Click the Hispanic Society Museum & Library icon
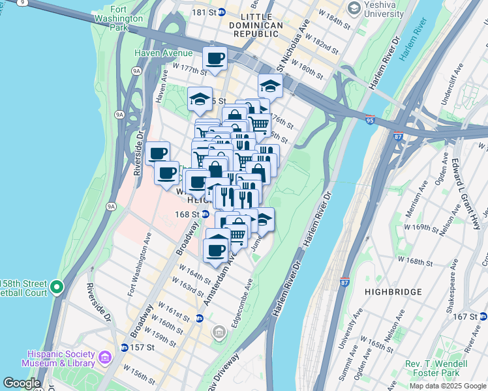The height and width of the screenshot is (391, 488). (x=104, y=357)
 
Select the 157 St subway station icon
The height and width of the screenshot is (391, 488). (x=124, y=347)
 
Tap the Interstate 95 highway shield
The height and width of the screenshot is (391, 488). (x=370, y=121)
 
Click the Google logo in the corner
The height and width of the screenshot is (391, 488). (x=22, y=383)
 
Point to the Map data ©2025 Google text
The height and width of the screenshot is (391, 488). (x=447, y=386)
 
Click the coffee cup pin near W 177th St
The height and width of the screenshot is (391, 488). (x=215, y=59)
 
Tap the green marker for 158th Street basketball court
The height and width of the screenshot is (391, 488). (x=57, y=287)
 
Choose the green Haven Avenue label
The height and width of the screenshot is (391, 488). (x=163, y=53)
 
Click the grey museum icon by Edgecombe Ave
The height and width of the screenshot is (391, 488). (x=220, y=333)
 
